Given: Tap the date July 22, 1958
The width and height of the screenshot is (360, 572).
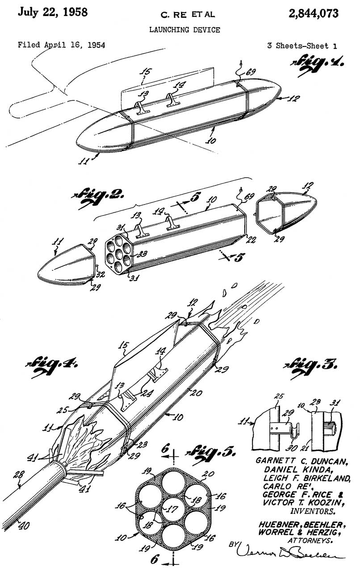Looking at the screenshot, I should click(52, 12).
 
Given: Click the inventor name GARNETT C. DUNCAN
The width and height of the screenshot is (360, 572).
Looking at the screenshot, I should click(302, 460).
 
